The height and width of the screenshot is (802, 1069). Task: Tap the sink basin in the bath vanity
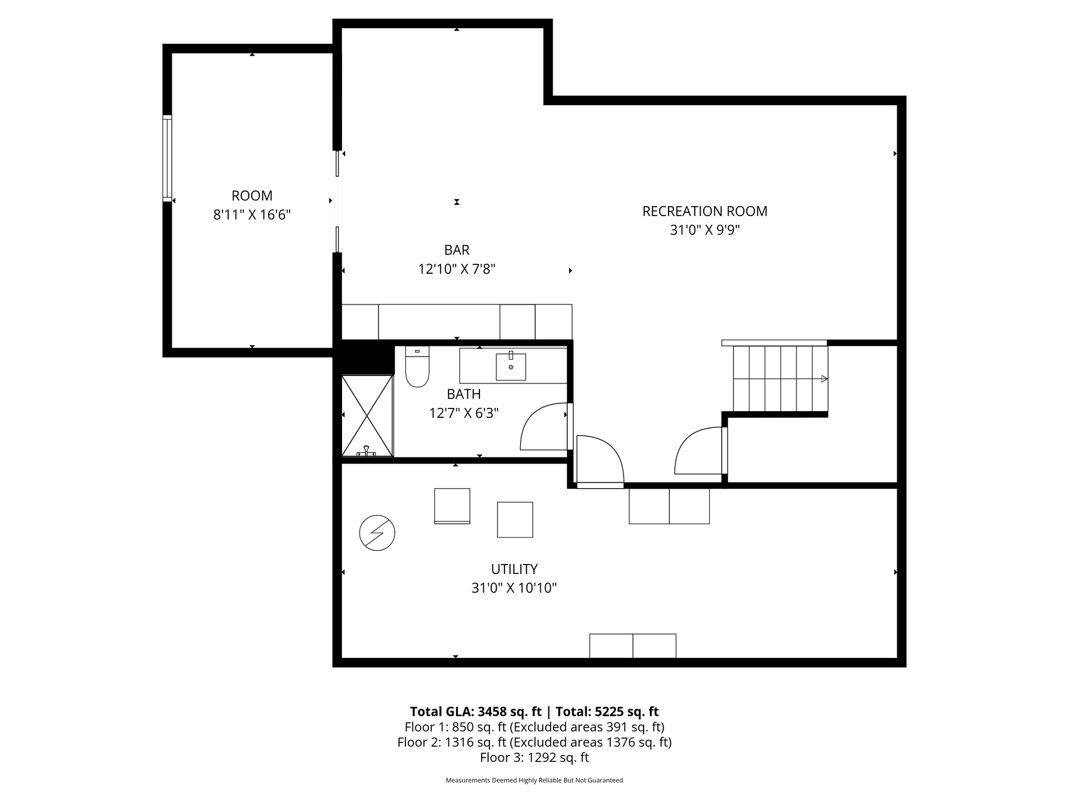click(511, 367)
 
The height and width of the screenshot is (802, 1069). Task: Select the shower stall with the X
click(367, 415)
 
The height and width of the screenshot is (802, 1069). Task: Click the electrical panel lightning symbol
click(377, 533)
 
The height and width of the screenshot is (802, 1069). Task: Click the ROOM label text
click(252, 195)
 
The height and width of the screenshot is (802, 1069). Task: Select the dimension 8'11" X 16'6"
click(252, 215)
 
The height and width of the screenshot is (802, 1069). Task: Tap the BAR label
click(457, 250)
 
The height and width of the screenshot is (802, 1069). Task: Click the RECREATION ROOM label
click(705, 211)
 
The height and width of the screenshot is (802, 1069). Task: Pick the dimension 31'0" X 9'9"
click(705, 230)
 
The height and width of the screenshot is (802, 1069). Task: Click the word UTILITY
click(514, 569)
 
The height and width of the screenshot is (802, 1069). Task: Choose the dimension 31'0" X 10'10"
click(514, 588)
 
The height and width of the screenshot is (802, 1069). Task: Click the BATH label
click(464, 394)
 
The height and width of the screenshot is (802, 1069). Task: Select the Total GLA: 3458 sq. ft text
click(476, 712)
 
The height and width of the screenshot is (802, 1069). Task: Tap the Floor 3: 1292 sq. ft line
click(534, 758)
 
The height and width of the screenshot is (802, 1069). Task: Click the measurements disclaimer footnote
click(534, 781)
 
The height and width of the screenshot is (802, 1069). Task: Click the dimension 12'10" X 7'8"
click(457, 269)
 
